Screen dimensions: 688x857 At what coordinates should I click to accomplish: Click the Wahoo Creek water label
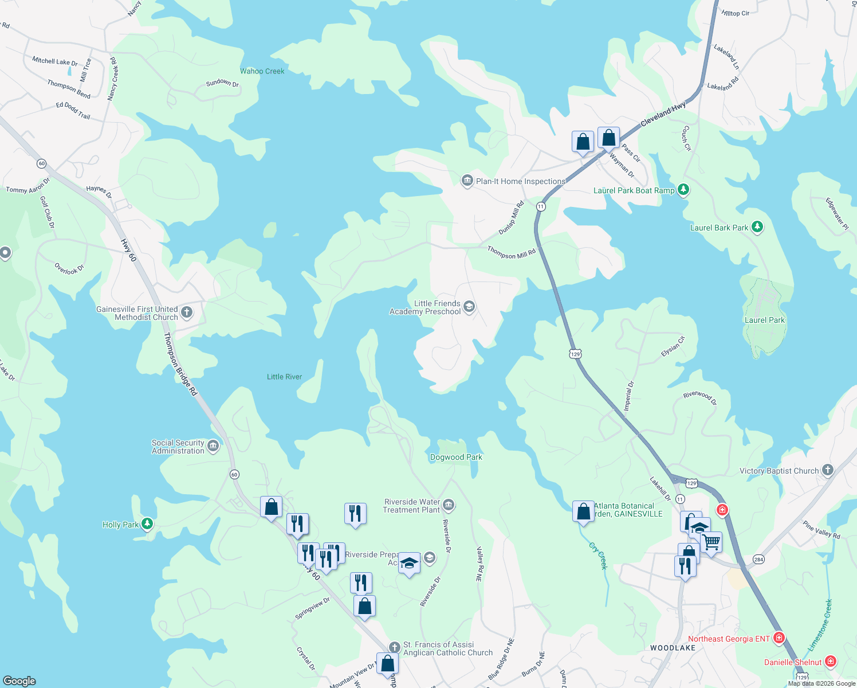[262, 71]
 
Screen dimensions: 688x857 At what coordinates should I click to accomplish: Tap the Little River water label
[284, 377]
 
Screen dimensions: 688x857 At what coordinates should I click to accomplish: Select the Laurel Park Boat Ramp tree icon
[683, 190]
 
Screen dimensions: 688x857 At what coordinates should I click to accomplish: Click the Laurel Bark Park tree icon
[757, 227]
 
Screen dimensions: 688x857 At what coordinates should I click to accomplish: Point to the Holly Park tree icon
[147, 524]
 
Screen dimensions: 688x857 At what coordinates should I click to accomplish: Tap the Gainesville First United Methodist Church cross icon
[187, 312]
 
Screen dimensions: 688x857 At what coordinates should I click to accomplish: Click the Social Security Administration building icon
[213, 446]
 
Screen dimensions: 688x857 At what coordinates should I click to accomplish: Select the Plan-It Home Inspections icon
[467, 181]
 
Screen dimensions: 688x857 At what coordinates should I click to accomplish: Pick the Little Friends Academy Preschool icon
[469, 307]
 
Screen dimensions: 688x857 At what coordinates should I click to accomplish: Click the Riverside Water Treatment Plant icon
[449, 505]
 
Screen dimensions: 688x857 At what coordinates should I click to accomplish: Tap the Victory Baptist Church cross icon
[827, 470]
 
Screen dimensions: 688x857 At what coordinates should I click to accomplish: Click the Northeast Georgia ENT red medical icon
[779, 638]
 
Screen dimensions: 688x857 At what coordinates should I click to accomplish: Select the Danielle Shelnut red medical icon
[830, 662]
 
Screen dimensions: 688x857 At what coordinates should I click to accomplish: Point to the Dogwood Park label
[456, 457]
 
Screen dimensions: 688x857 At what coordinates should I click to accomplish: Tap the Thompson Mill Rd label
[511, 253]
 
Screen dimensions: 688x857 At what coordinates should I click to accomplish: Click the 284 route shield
[758, 559]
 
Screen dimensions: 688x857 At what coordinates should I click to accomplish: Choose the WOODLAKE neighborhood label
[673, 648]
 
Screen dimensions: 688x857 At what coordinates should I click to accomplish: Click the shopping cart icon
[711, 542]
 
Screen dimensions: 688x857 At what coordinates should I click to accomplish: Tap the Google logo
[19, 681]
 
